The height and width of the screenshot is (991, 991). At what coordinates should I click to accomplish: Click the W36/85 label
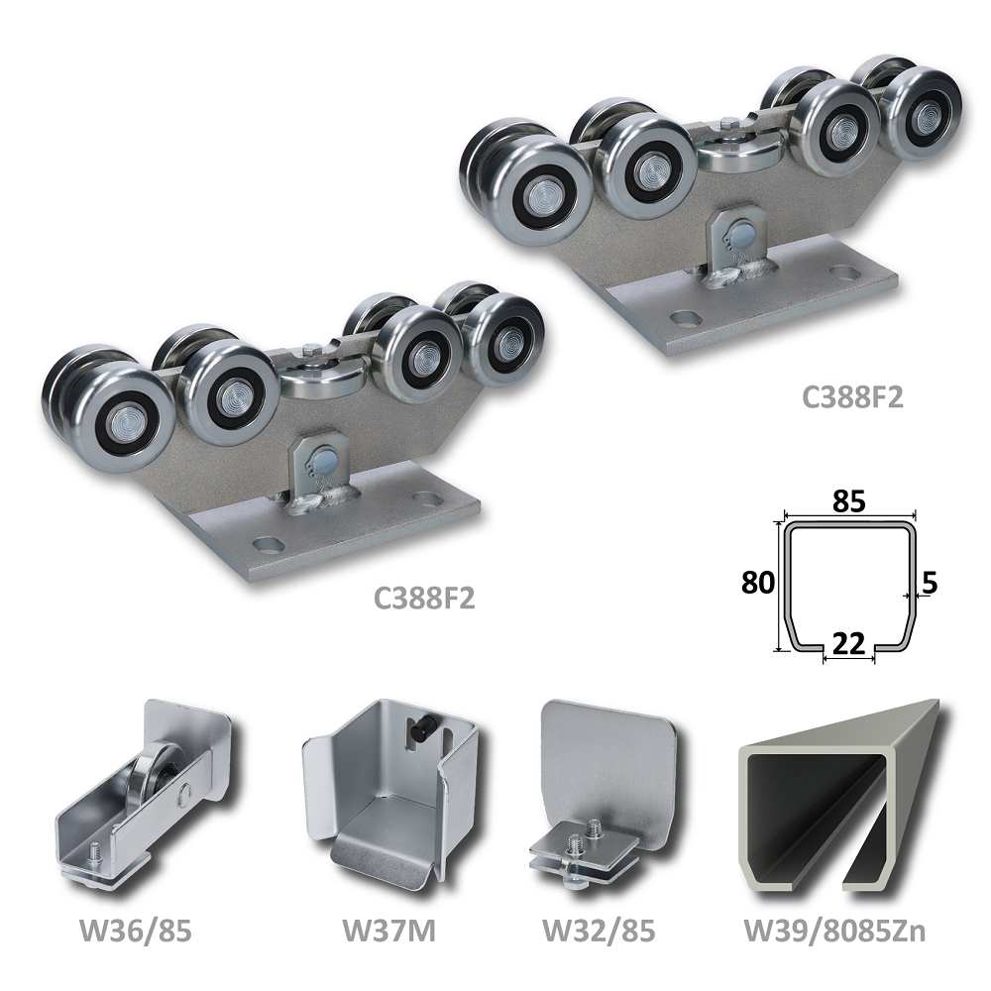click(x=135, y=931)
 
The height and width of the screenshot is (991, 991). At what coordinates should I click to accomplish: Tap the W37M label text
click(x=388, y=931)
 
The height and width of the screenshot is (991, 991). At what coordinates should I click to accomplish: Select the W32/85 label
click(x=600, y=931)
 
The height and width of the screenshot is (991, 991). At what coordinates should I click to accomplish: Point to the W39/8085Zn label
click(x=834, y=931)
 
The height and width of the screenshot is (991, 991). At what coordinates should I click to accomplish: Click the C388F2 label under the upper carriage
click(x=852, y=397)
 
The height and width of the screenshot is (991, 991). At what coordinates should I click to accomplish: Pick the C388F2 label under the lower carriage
click(x=424, y=598)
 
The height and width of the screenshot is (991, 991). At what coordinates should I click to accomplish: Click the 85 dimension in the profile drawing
click(x=849, y=501)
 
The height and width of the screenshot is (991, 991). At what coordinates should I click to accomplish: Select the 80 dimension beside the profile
click(x=758, y=582)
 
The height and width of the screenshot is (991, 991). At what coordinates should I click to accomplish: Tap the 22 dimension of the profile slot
click(x=849, y=643)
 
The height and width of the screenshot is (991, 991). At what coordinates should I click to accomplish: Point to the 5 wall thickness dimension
click(x=930, y=582)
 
